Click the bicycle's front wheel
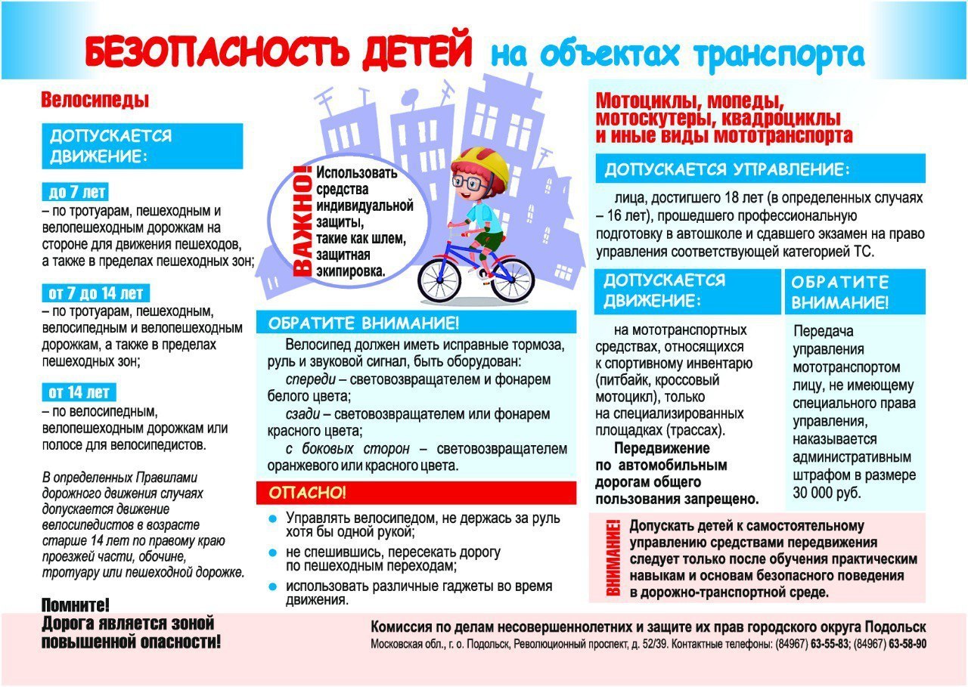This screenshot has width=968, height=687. pyautogui.click(x=439, y=280)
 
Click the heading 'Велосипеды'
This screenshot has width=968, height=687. pyautogui.click(x=95, y=100)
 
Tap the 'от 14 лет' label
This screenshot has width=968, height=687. pyautogui.click(x=79, y=392)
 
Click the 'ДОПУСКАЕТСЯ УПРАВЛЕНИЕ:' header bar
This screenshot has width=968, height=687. pyautogui.click(x=759, y=169)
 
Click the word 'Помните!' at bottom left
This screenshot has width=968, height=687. pyautogui.click(x=75, y=605)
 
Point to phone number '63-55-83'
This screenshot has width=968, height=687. pyautogui.click(x=830, y=645)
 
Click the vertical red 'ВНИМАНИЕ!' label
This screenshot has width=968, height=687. pyautogui.click(x=613, y=559)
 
